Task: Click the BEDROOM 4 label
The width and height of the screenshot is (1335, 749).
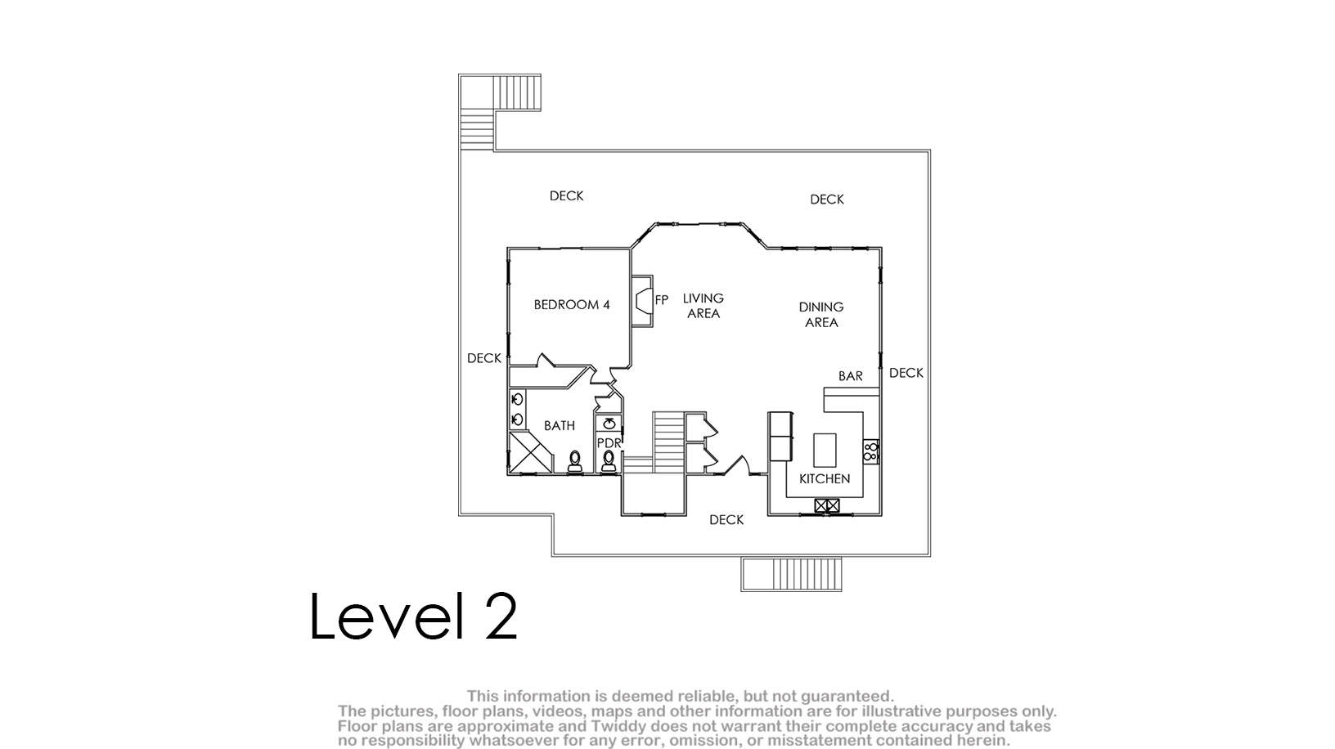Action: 572,304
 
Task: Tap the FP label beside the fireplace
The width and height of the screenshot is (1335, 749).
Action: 662,300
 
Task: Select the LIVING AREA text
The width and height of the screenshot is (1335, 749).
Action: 703,306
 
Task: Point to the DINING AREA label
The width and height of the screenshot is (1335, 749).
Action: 821,315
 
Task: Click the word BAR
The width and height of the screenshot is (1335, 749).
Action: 851,376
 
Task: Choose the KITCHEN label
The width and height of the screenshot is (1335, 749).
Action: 825,478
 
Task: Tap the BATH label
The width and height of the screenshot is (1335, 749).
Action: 559,425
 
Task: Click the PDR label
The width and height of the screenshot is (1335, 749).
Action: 609,443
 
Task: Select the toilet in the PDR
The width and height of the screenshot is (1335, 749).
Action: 609,462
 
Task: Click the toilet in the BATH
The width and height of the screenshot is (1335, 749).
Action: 574,462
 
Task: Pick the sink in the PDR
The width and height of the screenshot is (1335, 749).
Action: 609,424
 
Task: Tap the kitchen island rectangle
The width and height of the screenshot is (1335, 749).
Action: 825,450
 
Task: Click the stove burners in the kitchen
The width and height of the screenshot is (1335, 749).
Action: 870,451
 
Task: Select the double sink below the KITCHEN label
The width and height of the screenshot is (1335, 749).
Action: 827,506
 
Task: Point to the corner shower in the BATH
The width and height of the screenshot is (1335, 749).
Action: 530,453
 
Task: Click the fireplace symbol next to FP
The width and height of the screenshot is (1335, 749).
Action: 643,301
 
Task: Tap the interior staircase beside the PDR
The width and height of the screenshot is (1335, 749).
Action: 668,442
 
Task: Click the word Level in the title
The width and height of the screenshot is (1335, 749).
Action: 388,617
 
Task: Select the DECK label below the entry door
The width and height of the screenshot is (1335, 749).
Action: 726,519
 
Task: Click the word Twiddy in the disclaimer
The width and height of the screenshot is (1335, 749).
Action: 620,726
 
